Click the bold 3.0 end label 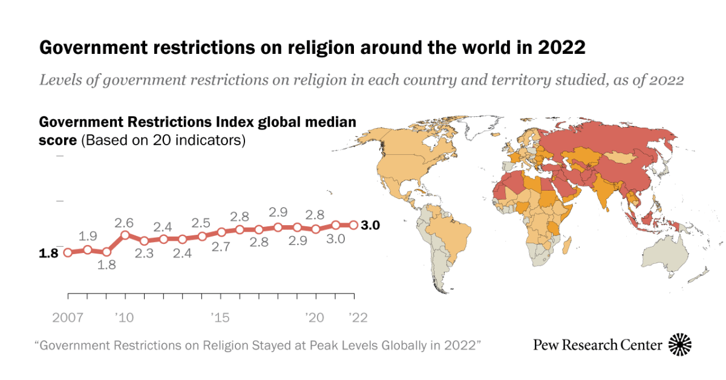370,225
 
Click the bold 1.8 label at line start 48,253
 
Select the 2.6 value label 125,222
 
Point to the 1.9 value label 87,236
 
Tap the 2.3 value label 144,254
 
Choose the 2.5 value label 201,222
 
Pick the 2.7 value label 220,246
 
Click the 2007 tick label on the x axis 68,317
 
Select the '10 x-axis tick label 126,317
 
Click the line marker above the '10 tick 125,235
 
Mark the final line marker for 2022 354,224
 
